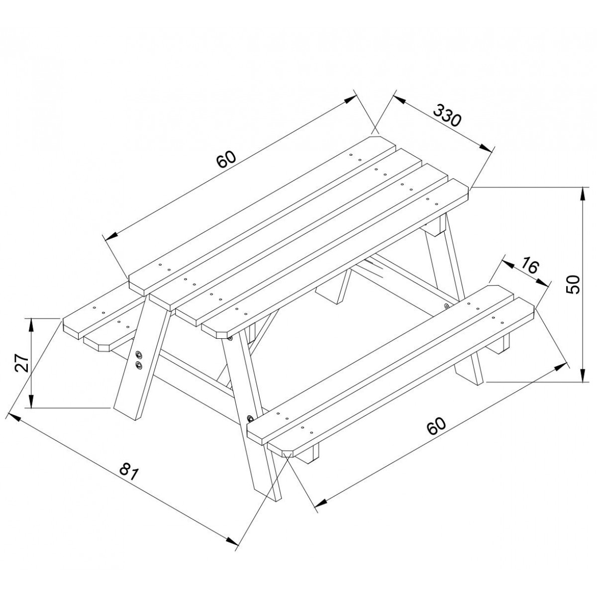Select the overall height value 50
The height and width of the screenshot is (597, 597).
572,285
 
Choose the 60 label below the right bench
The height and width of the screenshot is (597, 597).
436,426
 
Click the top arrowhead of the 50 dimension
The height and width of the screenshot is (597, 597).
584,195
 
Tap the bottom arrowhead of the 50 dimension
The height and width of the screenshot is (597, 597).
584,375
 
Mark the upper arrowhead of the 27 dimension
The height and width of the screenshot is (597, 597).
31,326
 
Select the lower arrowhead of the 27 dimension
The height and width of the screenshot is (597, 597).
31,400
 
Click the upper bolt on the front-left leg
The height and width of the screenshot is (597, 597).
138,354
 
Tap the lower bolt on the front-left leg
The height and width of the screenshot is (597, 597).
138,364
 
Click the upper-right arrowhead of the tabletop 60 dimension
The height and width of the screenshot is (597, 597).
350,100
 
